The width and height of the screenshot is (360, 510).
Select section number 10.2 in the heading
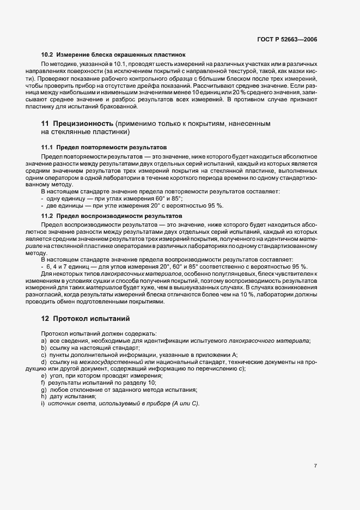pyautogui.click(x=47, y=55)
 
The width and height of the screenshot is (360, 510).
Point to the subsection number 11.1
pyautogui.click(x=47, y=148)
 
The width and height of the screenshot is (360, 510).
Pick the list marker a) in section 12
pyautogui.click(x=44, y=341)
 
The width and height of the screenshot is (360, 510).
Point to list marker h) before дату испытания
pyautogui.click(x=44, y=397)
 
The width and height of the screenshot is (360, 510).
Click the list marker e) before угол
pyautogui.click(x=44, y=376)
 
